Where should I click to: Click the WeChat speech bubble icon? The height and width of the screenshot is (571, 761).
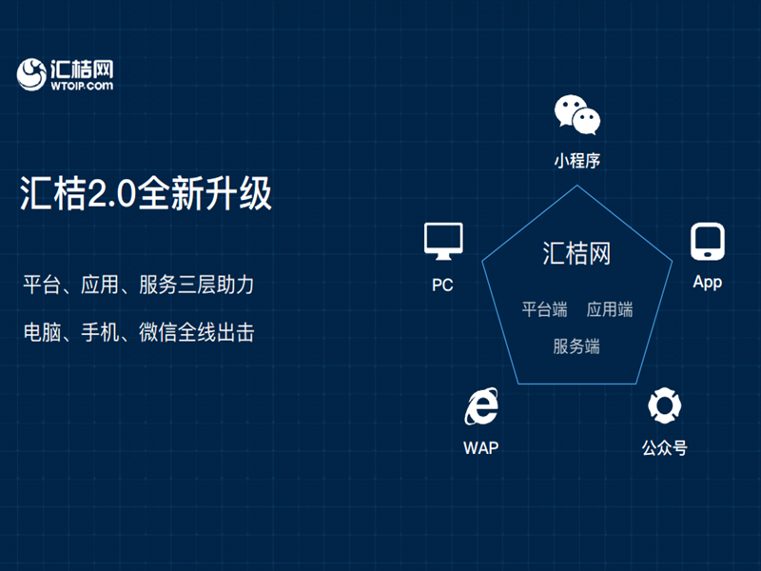point(577,114)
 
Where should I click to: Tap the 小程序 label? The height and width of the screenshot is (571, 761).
point(577,160)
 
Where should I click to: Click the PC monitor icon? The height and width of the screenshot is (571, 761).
point(443,242)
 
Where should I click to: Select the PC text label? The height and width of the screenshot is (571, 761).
point(442,285)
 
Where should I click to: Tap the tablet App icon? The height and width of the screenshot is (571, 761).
point(708,242)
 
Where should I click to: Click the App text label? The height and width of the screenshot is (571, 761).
point(708,283)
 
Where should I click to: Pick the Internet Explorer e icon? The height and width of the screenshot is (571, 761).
point(481,407)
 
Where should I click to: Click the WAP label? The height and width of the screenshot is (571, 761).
point(481,447)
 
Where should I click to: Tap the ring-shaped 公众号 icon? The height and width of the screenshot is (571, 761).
point(664,406)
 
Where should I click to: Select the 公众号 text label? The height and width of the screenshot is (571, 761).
point(664,447)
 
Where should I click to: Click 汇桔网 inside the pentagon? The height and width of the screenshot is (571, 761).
point(576,253)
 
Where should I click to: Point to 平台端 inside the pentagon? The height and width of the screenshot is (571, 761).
point(544,309)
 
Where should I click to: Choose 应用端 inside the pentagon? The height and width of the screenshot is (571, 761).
point(610,309)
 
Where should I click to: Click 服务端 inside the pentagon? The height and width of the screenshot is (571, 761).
point(576,346)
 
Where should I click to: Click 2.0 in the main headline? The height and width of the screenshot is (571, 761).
point(112,194)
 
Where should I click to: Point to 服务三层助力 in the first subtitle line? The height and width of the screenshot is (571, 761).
point(196,285)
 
